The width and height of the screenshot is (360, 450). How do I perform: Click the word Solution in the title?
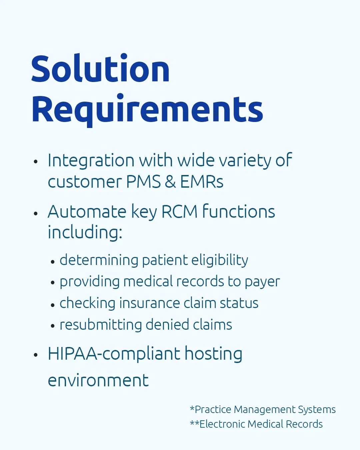point(100,68)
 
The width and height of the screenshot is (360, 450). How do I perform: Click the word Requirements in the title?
point(147,110)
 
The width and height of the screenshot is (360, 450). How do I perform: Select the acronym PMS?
point(143,182)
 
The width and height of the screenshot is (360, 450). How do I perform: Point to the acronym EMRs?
point(202,182)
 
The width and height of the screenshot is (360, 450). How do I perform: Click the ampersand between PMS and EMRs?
point(170,182)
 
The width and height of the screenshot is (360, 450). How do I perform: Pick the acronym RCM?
point(179,212)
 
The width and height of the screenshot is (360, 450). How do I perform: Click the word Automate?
point(87,212)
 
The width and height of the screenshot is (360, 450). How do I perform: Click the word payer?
point(262,282)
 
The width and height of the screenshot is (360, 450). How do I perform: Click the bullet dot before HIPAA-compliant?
point(36,355)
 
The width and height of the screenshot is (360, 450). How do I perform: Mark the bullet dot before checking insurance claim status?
point(53,305)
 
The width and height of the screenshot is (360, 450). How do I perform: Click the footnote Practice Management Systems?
point(263,410)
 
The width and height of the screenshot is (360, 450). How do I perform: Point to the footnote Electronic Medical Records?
point(256,424)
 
